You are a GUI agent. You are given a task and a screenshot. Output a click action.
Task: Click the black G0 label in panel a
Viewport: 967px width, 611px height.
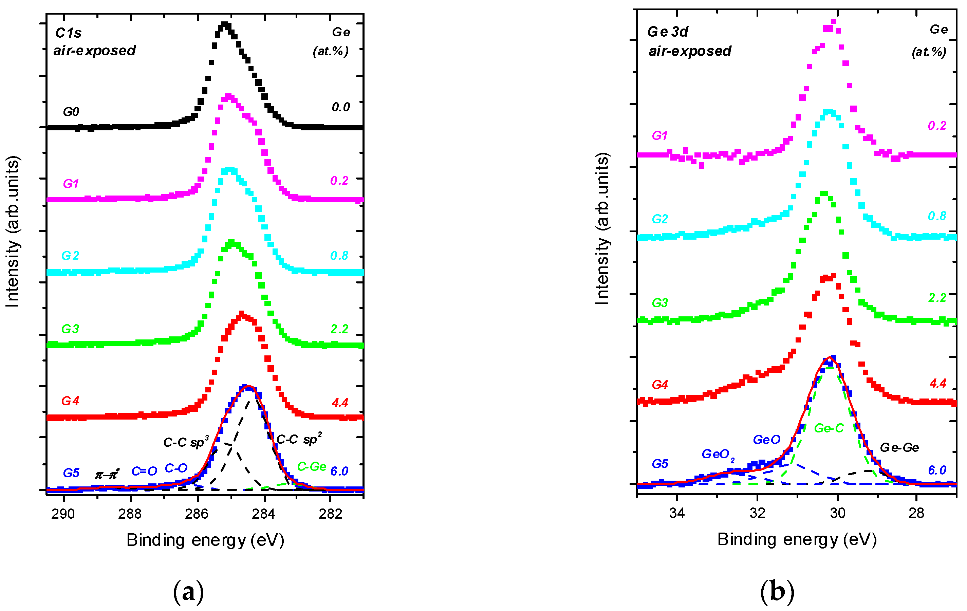point(71,112)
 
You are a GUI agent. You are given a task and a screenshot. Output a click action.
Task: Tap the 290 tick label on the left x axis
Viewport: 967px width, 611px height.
point(63,514)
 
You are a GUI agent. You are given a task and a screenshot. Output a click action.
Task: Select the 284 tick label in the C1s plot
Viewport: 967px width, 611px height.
point(263,514)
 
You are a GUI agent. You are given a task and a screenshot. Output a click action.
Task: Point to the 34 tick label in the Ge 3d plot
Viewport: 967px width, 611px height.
point(677,513)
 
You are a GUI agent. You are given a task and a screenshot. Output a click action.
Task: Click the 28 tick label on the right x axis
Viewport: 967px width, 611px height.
point(916,513)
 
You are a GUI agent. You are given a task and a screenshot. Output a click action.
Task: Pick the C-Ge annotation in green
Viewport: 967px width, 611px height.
point(311,466)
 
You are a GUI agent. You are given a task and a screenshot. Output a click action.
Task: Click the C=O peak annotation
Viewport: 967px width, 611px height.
point(144,471)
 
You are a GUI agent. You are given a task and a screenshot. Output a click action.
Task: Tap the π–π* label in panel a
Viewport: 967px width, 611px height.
point(107,475)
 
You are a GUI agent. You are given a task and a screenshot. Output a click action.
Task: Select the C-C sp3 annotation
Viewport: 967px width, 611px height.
point(186,442)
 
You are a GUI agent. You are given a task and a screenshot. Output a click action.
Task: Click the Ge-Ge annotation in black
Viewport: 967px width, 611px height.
point(899,447)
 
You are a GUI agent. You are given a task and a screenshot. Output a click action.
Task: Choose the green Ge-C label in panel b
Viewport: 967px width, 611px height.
point(829,428)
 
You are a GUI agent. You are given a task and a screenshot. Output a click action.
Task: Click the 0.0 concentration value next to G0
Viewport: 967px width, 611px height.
point(340,107)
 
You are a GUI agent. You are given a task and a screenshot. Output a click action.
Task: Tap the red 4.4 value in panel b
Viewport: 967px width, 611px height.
point(938,383)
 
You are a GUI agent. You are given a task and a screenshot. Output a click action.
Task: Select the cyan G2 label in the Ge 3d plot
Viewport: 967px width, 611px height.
point(660,219)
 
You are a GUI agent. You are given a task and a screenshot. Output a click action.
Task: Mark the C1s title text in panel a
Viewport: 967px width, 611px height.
point(68,33)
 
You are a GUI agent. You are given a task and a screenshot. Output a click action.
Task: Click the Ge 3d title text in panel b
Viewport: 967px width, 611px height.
point(668,32)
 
